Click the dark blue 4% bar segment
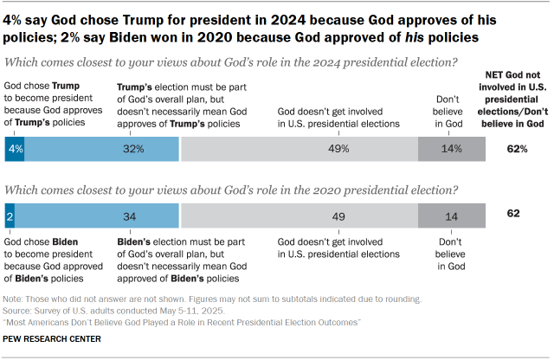pyautogui.click(x=15, y=149)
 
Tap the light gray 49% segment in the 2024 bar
pyautogui.click(x=300, y=149)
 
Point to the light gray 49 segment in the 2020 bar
pyautogui.click(x=300, y=215)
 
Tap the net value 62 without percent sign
pyautogui.click(x=513, y=213)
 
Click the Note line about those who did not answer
pyautogui.click(x=213, y=299)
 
